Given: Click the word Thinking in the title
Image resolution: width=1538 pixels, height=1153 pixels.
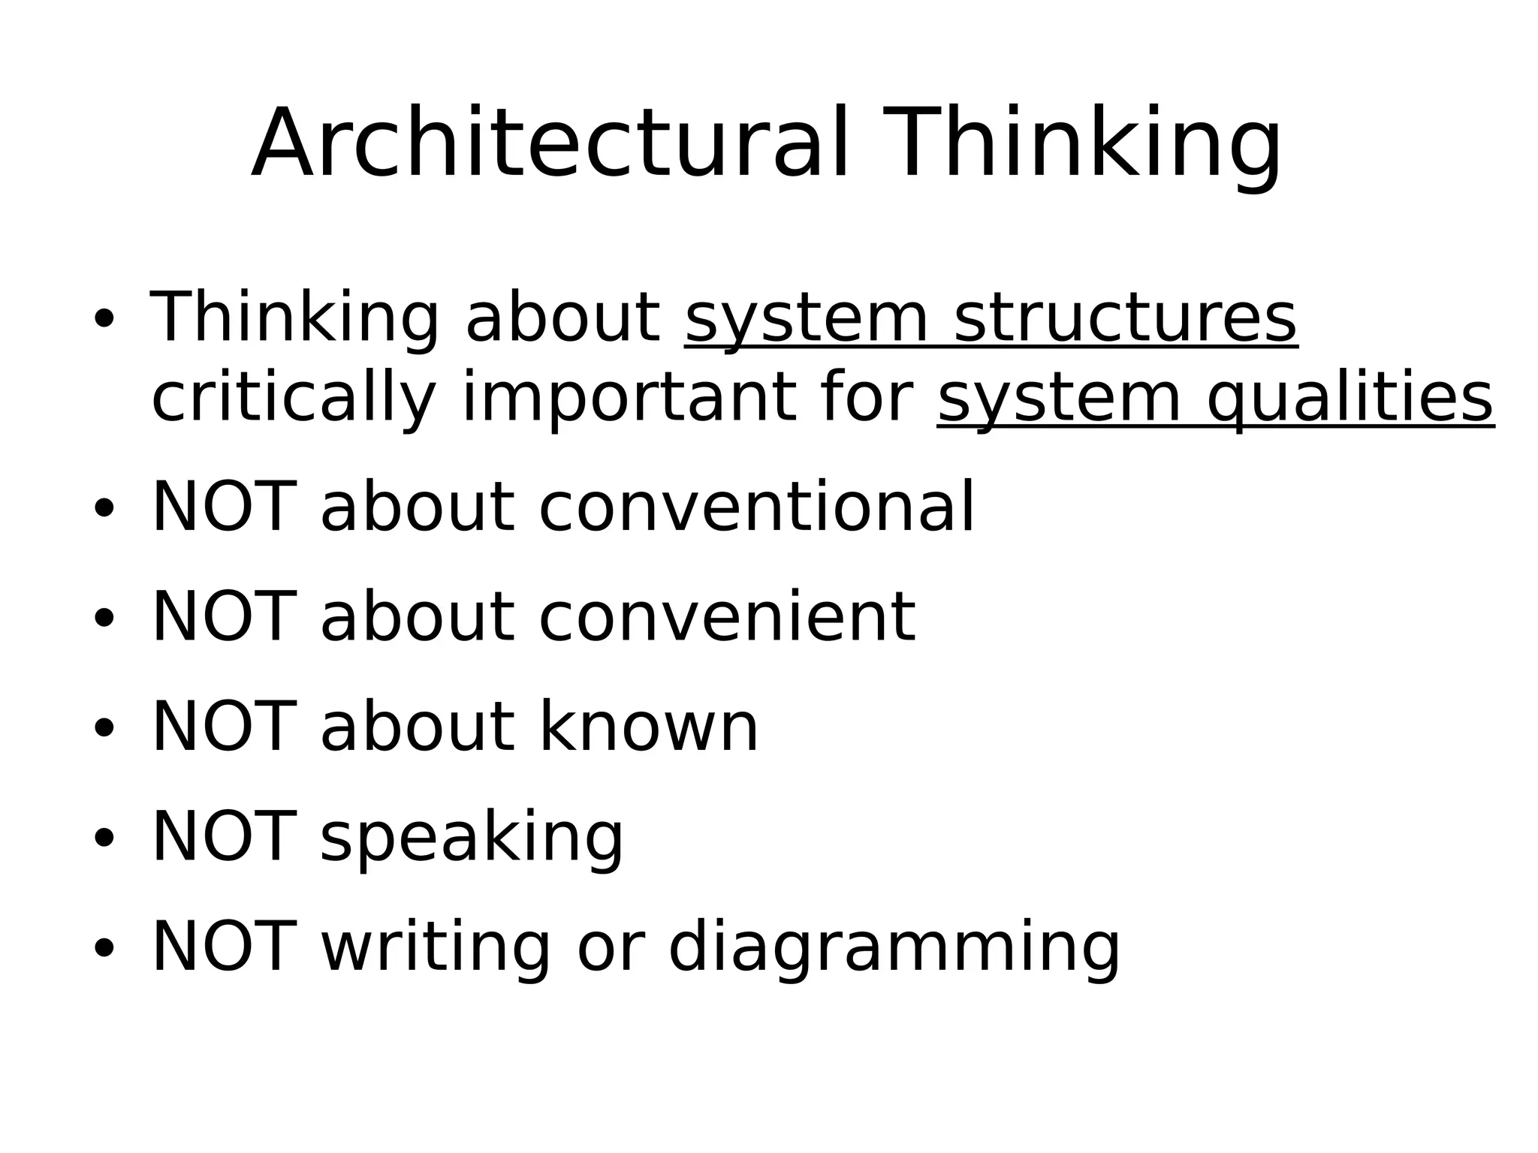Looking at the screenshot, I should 1081,144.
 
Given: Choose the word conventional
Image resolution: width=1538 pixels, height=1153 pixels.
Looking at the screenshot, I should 756,507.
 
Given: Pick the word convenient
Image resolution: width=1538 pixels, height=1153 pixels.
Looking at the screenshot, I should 727,617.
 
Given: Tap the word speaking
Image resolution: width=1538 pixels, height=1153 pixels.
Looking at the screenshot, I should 472,837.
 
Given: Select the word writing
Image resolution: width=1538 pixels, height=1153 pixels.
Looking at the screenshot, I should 436,947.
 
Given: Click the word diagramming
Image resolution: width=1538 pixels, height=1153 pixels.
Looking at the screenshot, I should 894,947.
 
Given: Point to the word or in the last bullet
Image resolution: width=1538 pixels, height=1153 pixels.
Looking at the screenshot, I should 609,947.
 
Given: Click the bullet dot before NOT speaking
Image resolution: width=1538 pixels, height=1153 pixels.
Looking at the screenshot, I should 104,837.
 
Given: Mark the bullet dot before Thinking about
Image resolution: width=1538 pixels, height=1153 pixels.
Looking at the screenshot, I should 104,320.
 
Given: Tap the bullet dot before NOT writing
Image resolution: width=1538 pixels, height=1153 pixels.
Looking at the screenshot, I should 104,947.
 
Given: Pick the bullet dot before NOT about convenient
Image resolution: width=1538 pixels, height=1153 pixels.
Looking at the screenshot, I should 104,618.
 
